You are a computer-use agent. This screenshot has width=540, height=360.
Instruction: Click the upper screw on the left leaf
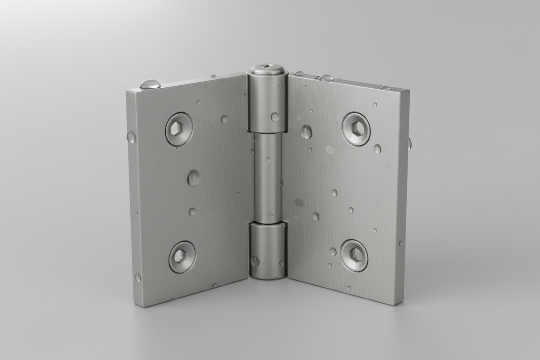pyautogui.click(x=179, y=129)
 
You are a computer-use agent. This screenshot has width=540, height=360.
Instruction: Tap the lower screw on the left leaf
pyautogui.click(x=182, y=257)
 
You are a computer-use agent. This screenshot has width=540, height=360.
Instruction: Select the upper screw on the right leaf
pyautogui.click(x=356, y=129)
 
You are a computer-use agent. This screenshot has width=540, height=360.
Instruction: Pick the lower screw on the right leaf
pyautogui.click(x=354, y=255)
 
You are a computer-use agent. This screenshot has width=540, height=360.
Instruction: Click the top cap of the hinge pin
pyautogui.click(x=267, y=69)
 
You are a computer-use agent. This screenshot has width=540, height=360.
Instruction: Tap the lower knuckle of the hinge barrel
pyautogui.click(x=268, y=251)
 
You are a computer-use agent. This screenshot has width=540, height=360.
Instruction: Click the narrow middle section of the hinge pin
pyautogui.click(x=267, y=177)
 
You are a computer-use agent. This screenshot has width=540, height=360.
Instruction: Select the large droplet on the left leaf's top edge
pyautogui.click(x=150, y=84)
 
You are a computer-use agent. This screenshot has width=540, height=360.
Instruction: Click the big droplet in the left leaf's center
pyautogui.click(x=193, y=178)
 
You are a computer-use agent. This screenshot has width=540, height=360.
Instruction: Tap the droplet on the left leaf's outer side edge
pyautogui.click(x=131, y=137)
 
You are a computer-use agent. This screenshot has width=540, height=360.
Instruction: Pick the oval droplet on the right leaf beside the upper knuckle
pyautogui.click(x=306, y=132)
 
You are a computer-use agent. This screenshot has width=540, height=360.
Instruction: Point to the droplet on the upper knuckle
pyautogui.click(x=275, y=116)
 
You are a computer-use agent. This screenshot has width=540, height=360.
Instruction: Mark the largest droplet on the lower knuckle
pyautogui.click(x=256, y=260)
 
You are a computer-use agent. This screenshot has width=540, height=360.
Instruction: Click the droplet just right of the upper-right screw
pyautogui.click(x=377, y=148)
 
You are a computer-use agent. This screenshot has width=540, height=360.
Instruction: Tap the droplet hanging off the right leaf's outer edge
pyautogui.click(x=409, y=144)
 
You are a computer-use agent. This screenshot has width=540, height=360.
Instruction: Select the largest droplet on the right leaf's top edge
pyautogui.click(x=326, y=78)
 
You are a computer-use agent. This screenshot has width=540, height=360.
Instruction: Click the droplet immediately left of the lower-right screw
pyautogui.click(x=333, y=251)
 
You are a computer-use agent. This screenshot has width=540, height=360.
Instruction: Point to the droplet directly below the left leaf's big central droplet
pyautogui.click(x=192, y=212)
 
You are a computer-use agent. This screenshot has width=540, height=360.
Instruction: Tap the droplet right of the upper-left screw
pyautogui.click(x=224, y=119)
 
